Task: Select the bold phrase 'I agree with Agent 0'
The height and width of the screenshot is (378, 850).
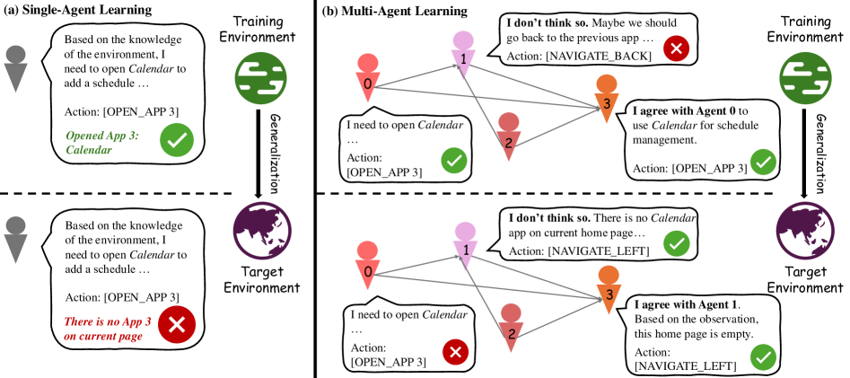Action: [x=691, y=110]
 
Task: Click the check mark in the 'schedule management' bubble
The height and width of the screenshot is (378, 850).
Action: [x=762, y=163]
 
